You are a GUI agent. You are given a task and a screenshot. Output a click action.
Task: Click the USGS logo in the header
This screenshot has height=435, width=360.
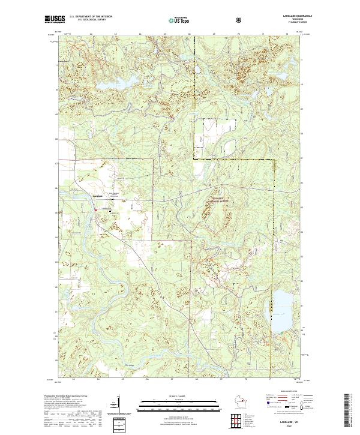coord(55,20)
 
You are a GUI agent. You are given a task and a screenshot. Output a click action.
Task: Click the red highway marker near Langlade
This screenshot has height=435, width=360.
coord(95,209)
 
